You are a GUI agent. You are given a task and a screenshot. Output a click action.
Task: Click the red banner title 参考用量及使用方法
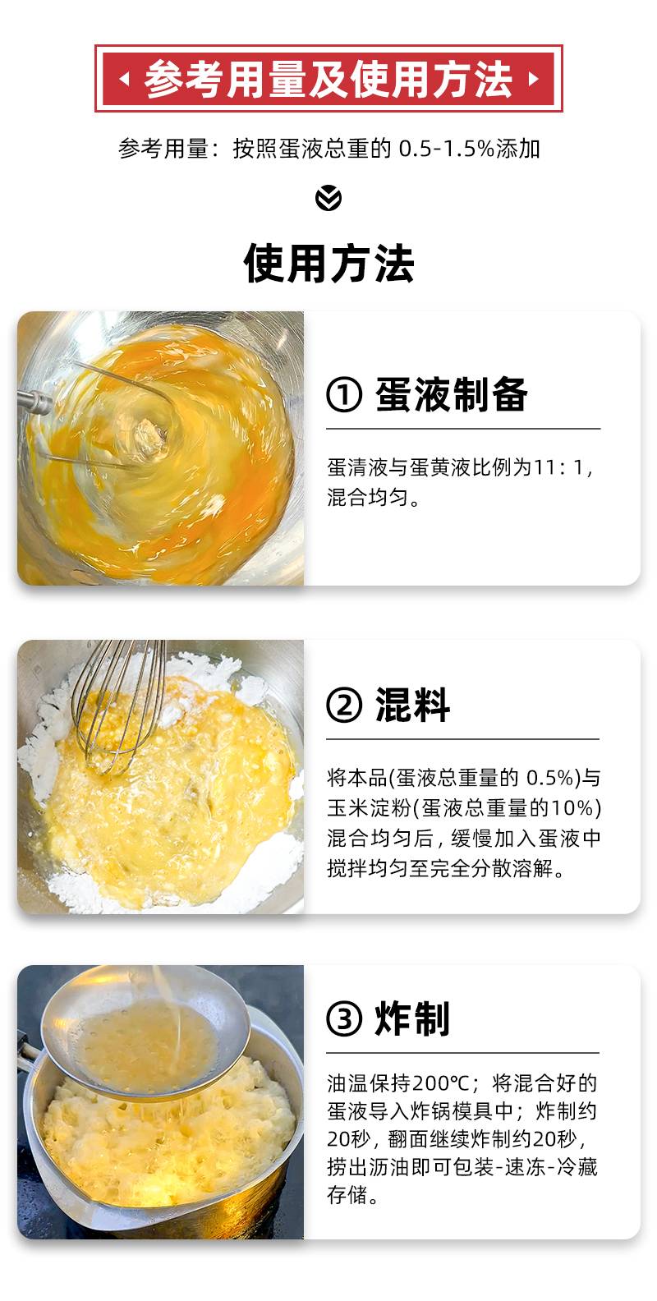(328, 78)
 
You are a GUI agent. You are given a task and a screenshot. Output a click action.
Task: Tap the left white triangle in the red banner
(124, 78)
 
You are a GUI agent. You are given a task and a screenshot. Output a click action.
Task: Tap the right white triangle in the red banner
(534, 78)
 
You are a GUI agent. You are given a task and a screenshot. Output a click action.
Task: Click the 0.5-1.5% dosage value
(446, 149)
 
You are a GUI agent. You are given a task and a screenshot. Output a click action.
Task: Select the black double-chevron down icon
(328, 198)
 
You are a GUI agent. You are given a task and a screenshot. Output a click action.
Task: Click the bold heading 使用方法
(328, 263)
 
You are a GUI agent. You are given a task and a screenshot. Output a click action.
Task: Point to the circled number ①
(344, 394)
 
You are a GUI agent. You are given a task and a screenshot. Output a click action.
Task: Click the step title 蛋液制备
(452, 394)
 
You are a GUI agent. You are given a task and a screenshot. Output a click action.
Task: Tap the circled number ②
(344, 705)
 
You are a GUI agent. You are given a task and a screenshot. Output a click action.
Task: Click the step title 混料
(412, 705)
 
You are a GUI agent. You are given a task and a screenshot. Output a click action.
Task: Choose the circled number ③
(344, 1018)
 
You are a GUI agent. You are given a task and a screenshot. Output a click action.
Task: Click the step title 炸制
(412, 1018)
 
